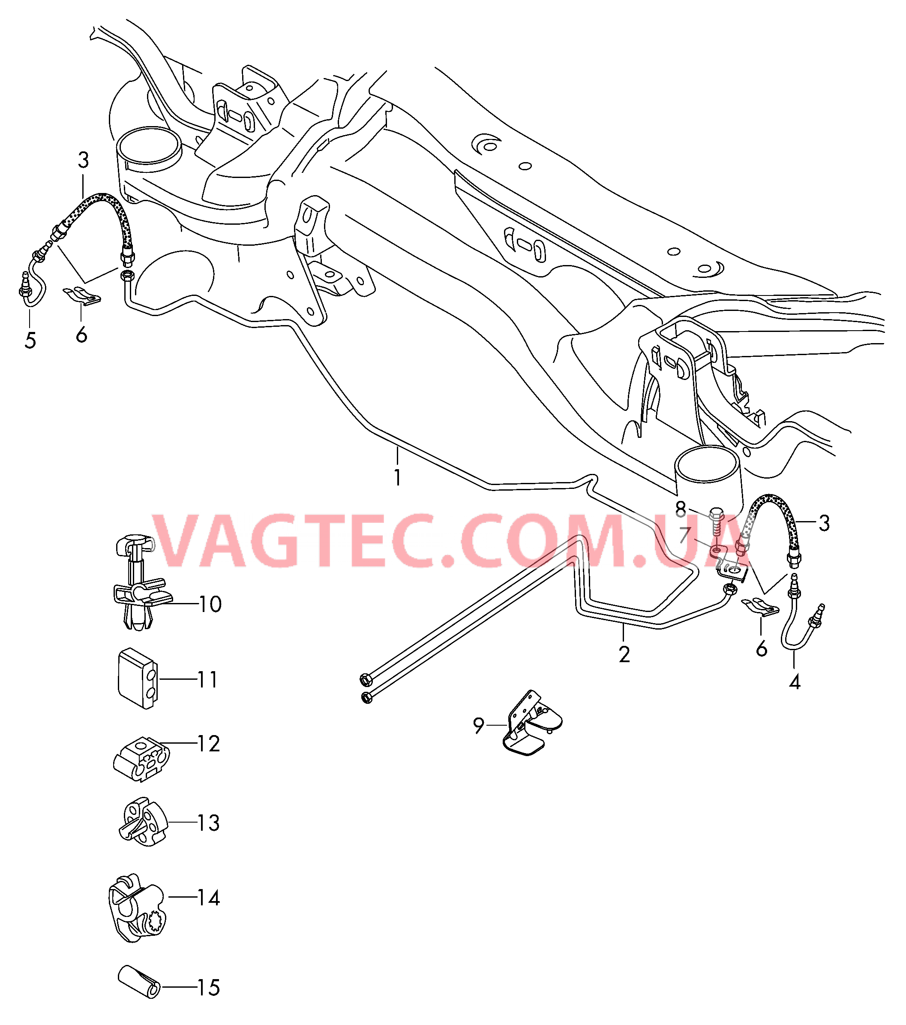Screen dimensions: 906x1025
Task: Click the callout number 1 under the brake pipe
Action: tap(397, 477)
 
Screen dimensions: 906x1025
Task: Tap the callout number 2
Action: tap(624, 654)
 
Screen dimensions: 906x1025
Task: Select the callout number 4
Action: tap(795, 682)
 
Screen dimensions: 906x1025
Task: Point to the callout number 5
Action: tap(30, 341)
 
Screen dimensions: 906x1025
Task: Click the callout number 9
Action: tap(479, 725)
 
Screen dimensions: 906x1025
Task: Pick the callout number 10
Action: tap(210, 604)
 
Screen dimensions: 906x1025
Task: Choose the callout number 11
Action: tap(207, 679)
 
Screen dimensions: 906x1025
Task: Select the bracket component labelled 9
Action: tap(531, 724)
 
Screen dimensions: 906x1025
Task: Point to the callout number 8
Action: tap(681, 509)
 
